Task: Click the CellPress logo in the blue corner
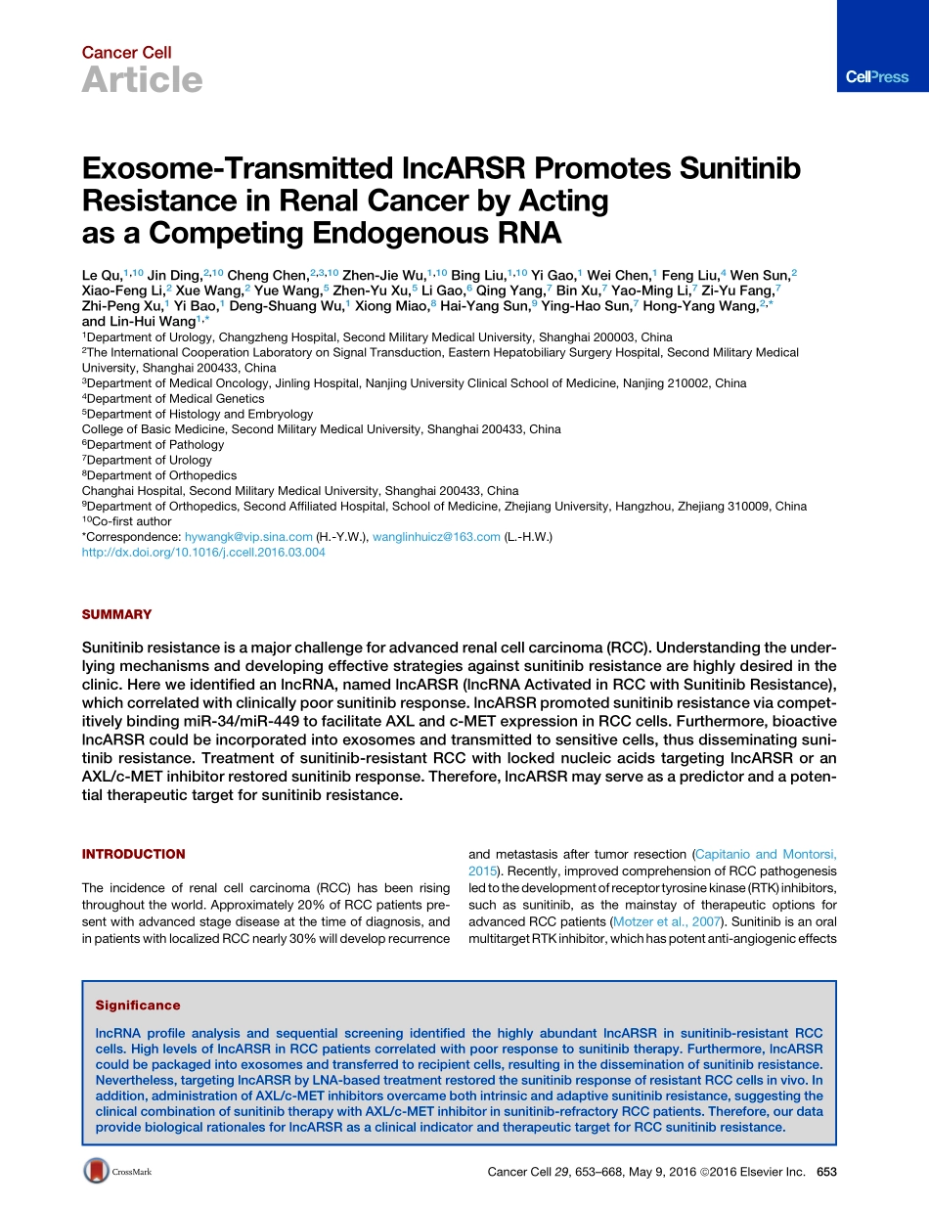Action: point(877,77)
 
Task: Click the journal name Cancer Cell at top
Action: point(126,52)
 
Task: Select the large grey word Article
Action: point(142,80)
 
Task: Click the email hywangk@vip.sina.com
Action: point(248,537)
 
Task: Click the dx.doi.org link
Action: point(203,553)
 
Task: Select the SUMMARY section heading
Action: point(116,614)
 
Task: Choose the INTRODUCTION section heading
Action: point(133,854)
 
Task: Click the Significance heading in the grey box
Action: point(138,1005)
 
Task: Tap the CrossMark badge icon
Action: point(96,1171)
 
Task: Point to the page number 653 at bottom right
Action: point(826,1172)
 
